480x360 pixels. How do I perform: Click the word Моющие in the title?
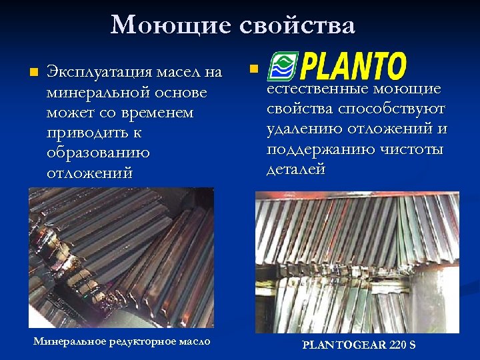click(x=167, y=25)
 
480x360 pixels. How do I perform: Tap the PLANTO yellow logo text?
click(x=353, y=67)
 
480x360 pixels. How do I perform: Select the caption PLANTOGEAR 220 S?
click(x=358, y=345)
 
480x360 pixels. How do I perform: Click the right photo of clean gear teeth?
click(x=357, y=262)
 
